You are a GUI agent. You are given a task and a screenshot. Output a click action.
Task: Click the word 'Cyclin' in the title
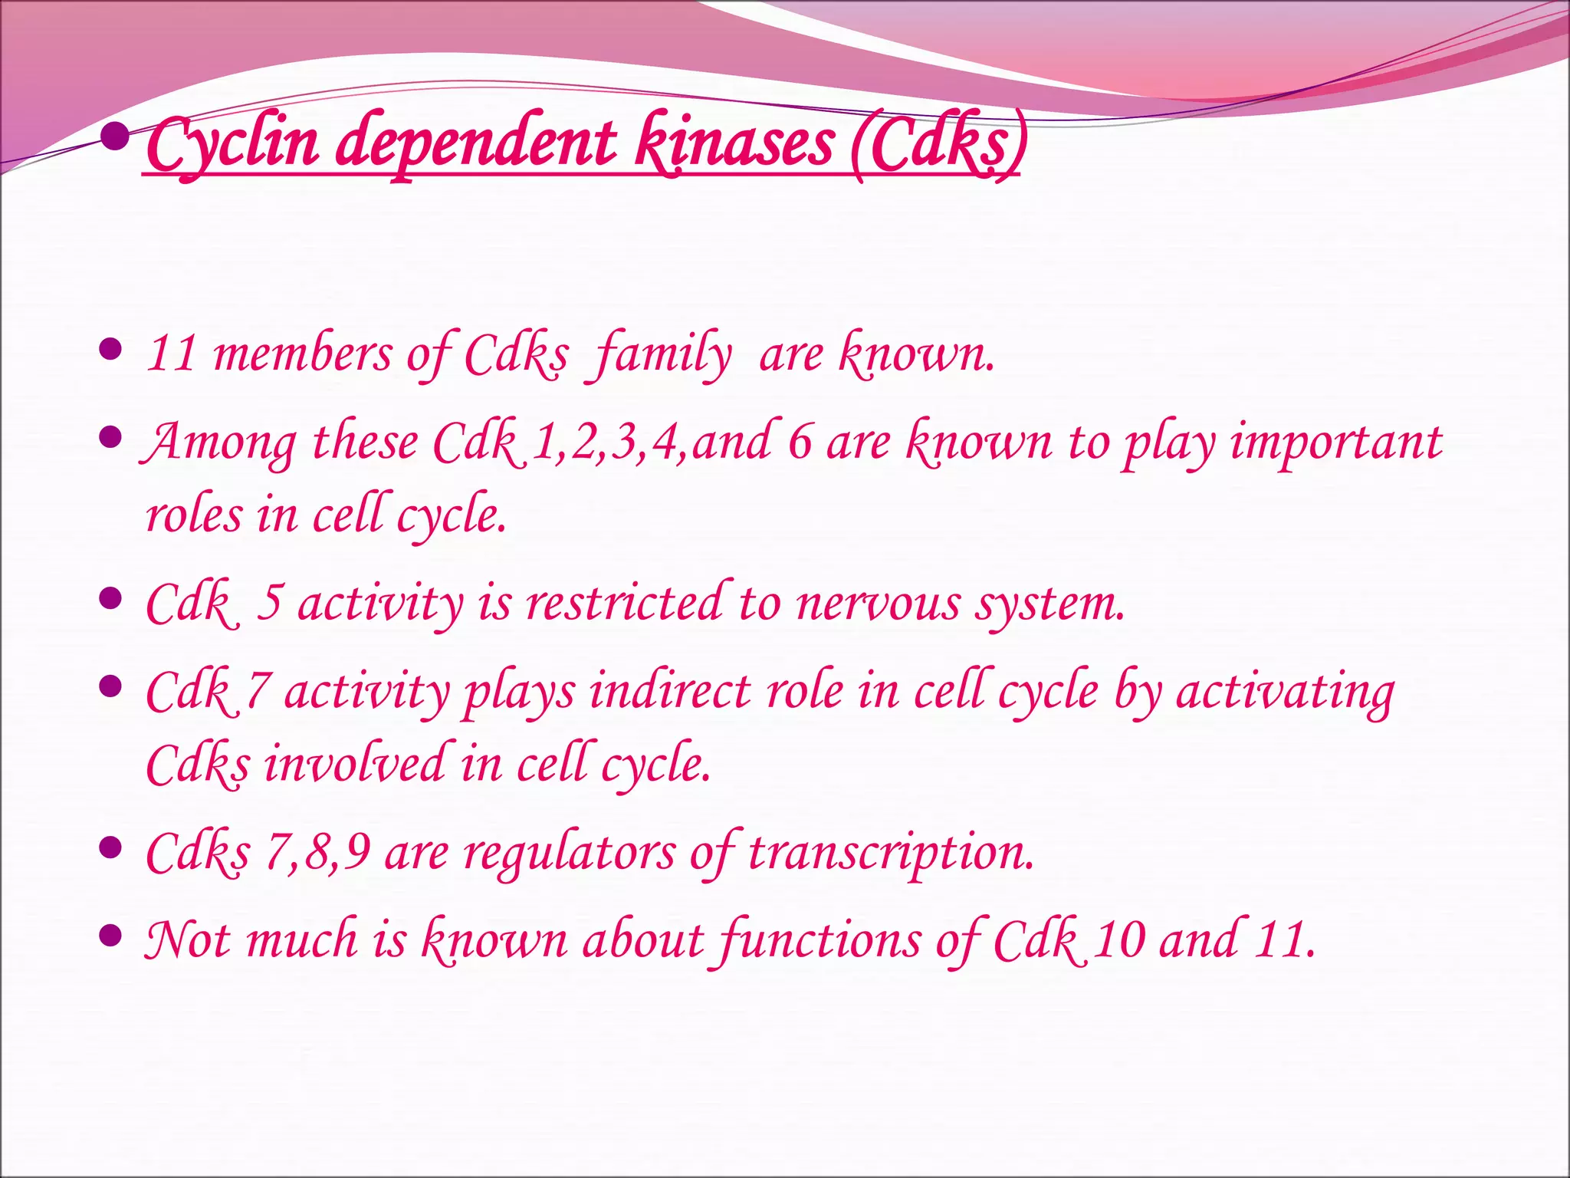click(x=232, y=144)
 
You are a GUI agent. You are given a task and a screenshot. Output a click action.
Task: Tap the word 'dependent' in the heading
click(x=475, y=144)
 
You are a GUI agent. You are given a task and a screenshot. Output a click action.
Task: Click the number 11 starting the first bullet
click(x=172, y=354)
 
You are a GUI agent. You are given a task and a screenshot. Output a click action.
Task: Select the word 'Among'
click(x=219, y=443)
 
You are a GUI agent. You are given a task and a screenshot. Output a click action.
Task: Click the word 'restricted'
click(x=624, y=603)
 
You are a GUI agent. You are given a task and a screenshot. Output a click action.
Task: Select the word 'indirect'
click(x=670, y=691)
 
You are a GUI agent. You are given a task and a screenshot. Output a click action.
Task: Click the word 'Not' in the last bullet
click(x=188, y=939)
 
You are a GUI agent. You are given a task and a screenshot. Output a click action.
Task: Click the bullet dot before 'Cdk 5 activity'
click(x=111, y=597)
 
